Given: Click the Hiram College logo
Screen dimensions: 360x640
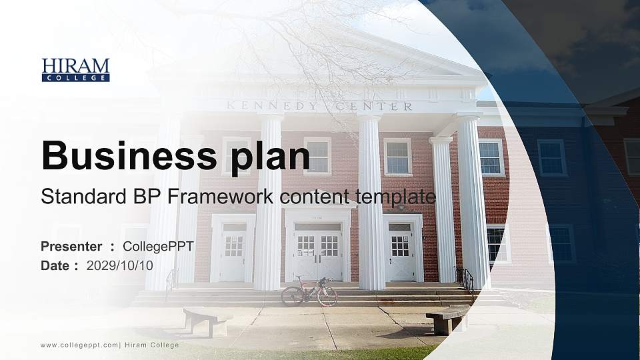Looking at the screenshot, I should tap(75, 69).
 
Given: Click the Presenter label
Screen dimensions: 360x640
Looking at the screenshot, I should tap(71, 247).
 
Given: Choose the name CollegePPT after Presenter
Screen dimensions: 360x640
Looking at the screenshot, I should tap(158, 247).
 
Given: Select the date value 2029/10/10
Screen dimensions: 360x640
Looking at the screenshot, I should tap(119, 265).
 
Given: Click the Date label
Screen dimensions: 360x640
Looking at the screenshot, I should tap(55, 265).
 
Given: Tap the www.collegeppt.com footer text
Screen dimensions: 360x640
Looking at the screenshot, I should tap(79, 345).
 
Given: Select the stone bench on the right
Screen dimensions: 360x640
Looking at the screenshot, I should tap(447, 318).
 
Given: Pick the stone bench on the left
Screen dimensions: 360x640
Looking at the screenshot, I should tap(205, 321).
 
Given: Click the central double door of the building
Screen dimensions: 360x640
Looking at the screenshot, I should tap(318, 253).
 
